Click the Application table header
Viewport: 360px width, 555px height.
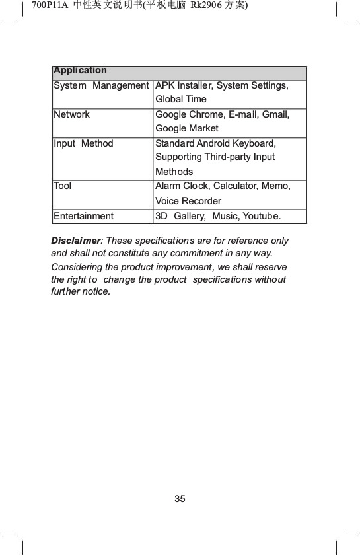80,70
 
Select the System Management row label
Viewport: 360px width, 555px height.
101,85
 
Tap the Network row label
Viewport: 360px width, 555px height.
71,114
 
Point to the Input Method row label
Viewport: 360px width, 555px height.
83,143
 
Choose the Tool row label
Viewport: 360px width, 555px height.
63,186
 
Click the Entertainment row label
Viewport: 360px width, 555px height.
83,215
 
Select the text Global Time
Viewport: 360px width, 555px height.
180,99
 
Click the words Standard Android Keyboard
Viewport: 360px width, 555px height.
215,143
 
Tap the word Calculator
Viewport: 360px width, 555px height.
236,186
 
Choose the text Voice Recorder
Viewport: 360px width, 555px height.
188,200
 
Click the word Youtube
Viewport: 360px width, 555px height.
261,215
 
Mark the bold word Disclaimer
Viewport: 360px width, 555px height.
76,240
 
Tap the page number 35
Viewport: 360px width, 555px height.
180,498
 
